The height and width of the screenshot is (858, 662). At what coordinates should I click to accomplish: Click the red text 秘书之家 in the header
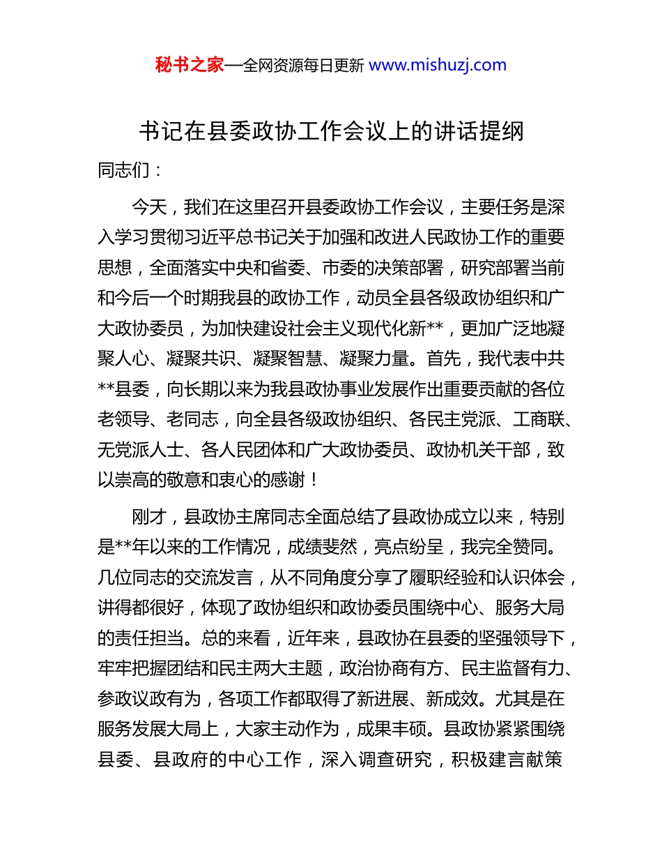click(189, 66)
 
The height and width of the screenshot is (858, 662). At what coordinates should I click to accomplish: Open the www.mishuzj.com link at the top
click(437, 66)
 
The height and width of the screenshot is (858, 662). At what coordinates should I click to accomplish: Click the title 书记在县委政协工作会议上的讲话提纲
click(331, 131)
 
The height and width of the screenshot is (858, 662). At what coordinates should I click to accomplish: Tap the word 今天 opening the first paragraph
click(148, 207)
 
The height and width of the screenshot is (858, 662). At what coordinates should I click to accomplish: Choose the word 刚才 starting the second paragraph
click(148, 516)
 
